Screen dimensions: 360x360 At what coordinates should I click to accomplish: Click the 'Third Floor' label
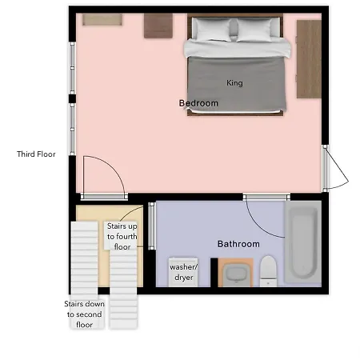pos(36,154)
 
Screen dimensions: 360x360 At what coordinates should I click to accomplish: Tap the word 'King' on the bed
pos(234,83)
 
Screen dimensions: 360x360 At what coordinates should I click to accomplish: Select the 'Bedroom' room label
pos(198,103)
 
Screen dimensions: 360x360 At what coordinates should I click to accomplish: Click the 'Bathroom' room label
pos(238,244)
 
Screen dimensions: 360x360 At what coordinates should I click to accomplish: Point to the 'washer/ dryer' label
pos(184,272)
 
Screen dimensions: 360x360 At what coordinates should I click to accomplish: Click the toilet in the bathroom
pos(268,271)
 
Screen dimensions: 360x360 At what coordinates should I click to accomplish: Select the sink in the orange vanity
pos(236,274)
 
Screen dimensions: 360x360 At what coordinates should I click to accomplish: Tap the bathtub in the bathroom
pos(302,242)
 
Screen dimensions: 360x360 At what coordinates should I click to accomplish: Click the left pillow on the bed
pos(212,30)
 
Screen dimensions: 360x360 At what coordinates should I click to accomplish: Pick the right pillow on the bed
pos(255,30)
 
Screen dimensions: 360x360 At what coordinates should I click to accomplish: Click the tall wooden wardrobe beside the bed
pos(309,59)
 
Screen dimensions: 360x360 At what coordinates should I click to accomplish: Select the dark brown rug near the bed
pos(158,26)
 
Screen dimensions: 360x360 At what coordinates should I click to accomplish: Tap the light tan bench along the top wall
pos(102,20)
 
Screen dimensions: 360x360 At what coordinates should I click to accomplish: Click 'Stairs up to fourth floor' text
pos(122,237)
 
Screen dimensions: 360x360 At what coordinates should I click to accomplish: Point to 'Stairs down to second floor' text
pos(84,314)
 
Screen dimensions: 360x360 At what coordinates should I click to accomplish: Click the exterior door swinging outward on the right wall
pos(337,168)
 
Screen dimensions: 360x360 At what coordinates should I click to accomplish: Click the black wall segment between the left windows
pos(72,98)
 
